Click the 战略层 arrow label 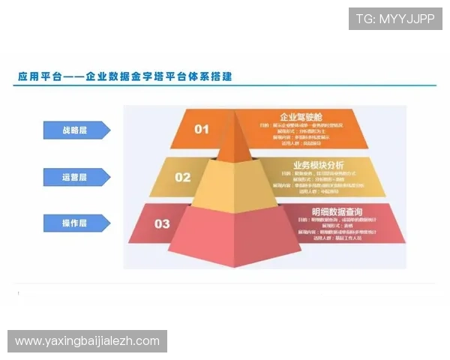[76, 130]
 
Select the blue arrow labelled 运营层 [76, 177]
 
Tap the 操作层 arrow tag [76, 223]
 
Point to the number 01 [202, 129]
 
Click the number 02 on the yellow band [183, 177]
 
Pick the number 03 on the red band [162, 223]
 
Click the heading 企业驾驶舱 [300, 117]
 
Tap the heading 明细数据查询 [337, 211]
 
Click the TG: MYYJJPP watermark [395, 19]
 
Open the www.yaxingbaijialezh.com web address [87, 341]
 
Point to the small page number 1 [19, 293]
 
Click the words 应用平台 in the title [36, 76]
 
